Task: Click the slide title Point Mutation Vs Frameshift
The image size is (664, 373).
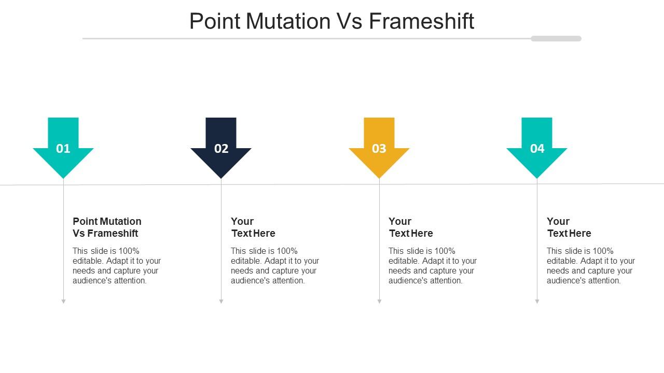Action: click(x=331, y=21)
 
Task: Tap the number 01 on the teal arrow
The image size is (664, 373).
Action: click(x=63, y=149)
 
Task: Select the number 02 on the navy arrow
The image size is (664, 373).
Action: click(x=221, y=149)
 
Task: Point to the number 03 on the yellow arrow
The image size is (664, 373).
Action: click(x=379, y=149)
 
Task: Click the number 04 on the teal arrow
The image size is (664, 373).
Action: click(x=537, y=149)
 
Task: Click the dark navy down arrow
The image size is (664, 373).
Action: click(x=221, y=148)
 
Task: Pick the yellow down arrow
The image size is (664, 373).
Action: click(x=379, y=148)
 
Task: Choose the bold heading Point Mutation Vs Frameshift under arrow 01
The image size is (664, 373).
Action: click(x=107, y=227)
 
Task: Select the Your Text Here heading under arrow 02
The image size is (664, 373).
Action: click(x=253, y=227)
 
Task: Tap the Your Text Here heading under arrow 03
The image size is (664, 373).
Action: click(x=411, y=227)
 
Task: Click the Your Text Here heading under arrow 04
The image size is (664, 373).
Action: click(x=569, y=227)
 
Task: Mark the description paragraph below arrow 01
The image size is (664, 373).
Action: click(x=117, y=266)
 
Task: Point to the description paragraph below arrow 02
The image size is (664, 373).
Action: click(x=275, y=266)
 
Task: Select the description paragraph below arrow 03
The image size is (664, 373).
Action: click(x=433, y=266)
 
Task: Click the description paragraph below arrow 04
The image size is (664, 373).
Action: click(x=591, y=266)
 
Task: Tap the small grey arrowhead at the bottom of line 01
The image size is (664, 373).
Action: click(x=63, y=302)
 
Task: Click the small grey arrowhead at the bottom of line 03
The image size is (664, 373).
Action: click(x=379, y=302)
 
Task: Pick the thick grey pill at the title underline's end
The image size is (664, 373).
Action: click(x=556, y=38)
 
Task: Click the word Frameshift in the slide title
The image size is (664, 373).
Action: click(x=422, y=21)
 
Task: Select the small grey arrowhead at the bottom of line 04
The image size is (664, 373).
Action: click(x=537, y=302)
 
